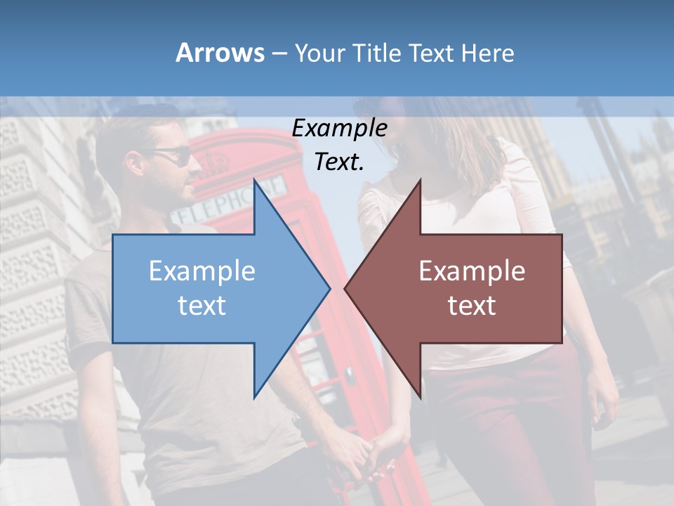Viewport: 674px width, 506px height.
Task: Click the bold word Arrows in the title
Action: (220, 53)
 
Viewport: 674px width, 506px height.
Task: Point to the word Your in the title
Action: (317, 53)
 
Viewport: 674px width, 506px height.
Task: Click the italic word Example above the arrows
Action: (339, 129)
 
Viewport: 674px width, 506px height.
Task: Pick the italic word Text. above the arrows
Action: (339, 162)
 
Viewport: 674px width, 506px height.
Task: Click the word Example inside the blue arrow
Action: (202, 271)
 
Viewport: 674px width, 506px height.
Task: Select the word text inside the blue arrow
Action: (202, 306)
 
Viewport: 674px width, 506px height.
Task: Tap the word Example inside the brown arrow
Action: (472, 271)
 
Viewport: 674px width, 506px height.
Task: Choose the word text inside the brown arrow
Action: (472, 306)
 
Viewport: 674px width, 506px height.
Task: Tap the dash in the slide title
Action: (279, 53)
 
